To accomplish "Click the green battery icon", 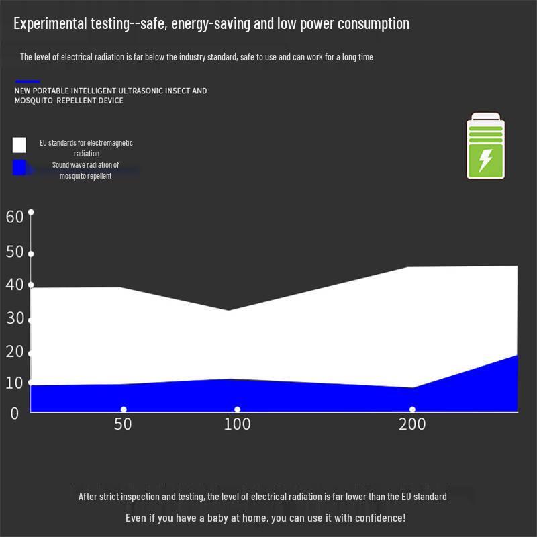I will pos(485,147).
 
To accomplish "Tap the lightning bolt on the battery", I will pos(485,160).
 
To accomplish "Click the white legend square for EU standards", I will pos(19,145).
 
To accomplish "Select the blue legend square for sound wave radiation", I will pos(19,167).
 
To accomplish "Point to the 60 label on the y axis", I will pos(15,216).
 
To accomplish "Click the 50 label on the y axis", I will pos(15,252).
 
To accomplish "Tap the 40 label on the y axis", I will pos(15,285).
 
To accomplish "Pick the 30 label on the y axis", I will pos(15,318).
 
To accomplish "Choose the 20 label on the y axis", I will pos(15,351).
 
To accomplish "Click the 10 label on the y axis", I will pos(15,383).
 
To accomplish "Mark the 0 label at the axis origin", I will pos(15,413).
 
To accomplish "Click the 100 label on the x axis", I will pos(237,424).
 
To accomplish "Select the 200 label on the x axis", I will pos(412,424).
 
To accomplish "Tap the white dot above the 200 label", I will pos(412,409).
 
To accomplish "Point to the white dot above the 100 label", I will pos(237,409).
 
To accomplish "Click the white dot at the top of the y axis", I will pos(30,212).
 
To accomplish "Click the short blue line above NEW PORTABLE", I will pos(28,81).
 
